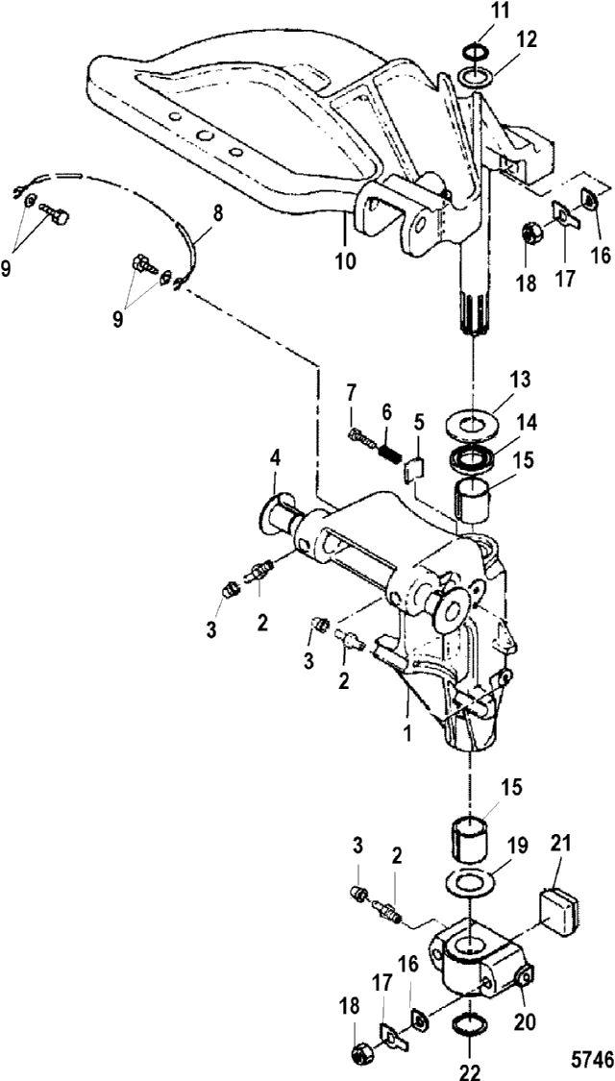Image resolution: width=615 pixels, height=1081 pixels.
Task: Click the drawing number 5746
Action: pos(592,1058)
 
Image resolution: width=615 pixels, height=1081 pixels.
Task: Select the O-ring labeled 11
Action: pos(472,52)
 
